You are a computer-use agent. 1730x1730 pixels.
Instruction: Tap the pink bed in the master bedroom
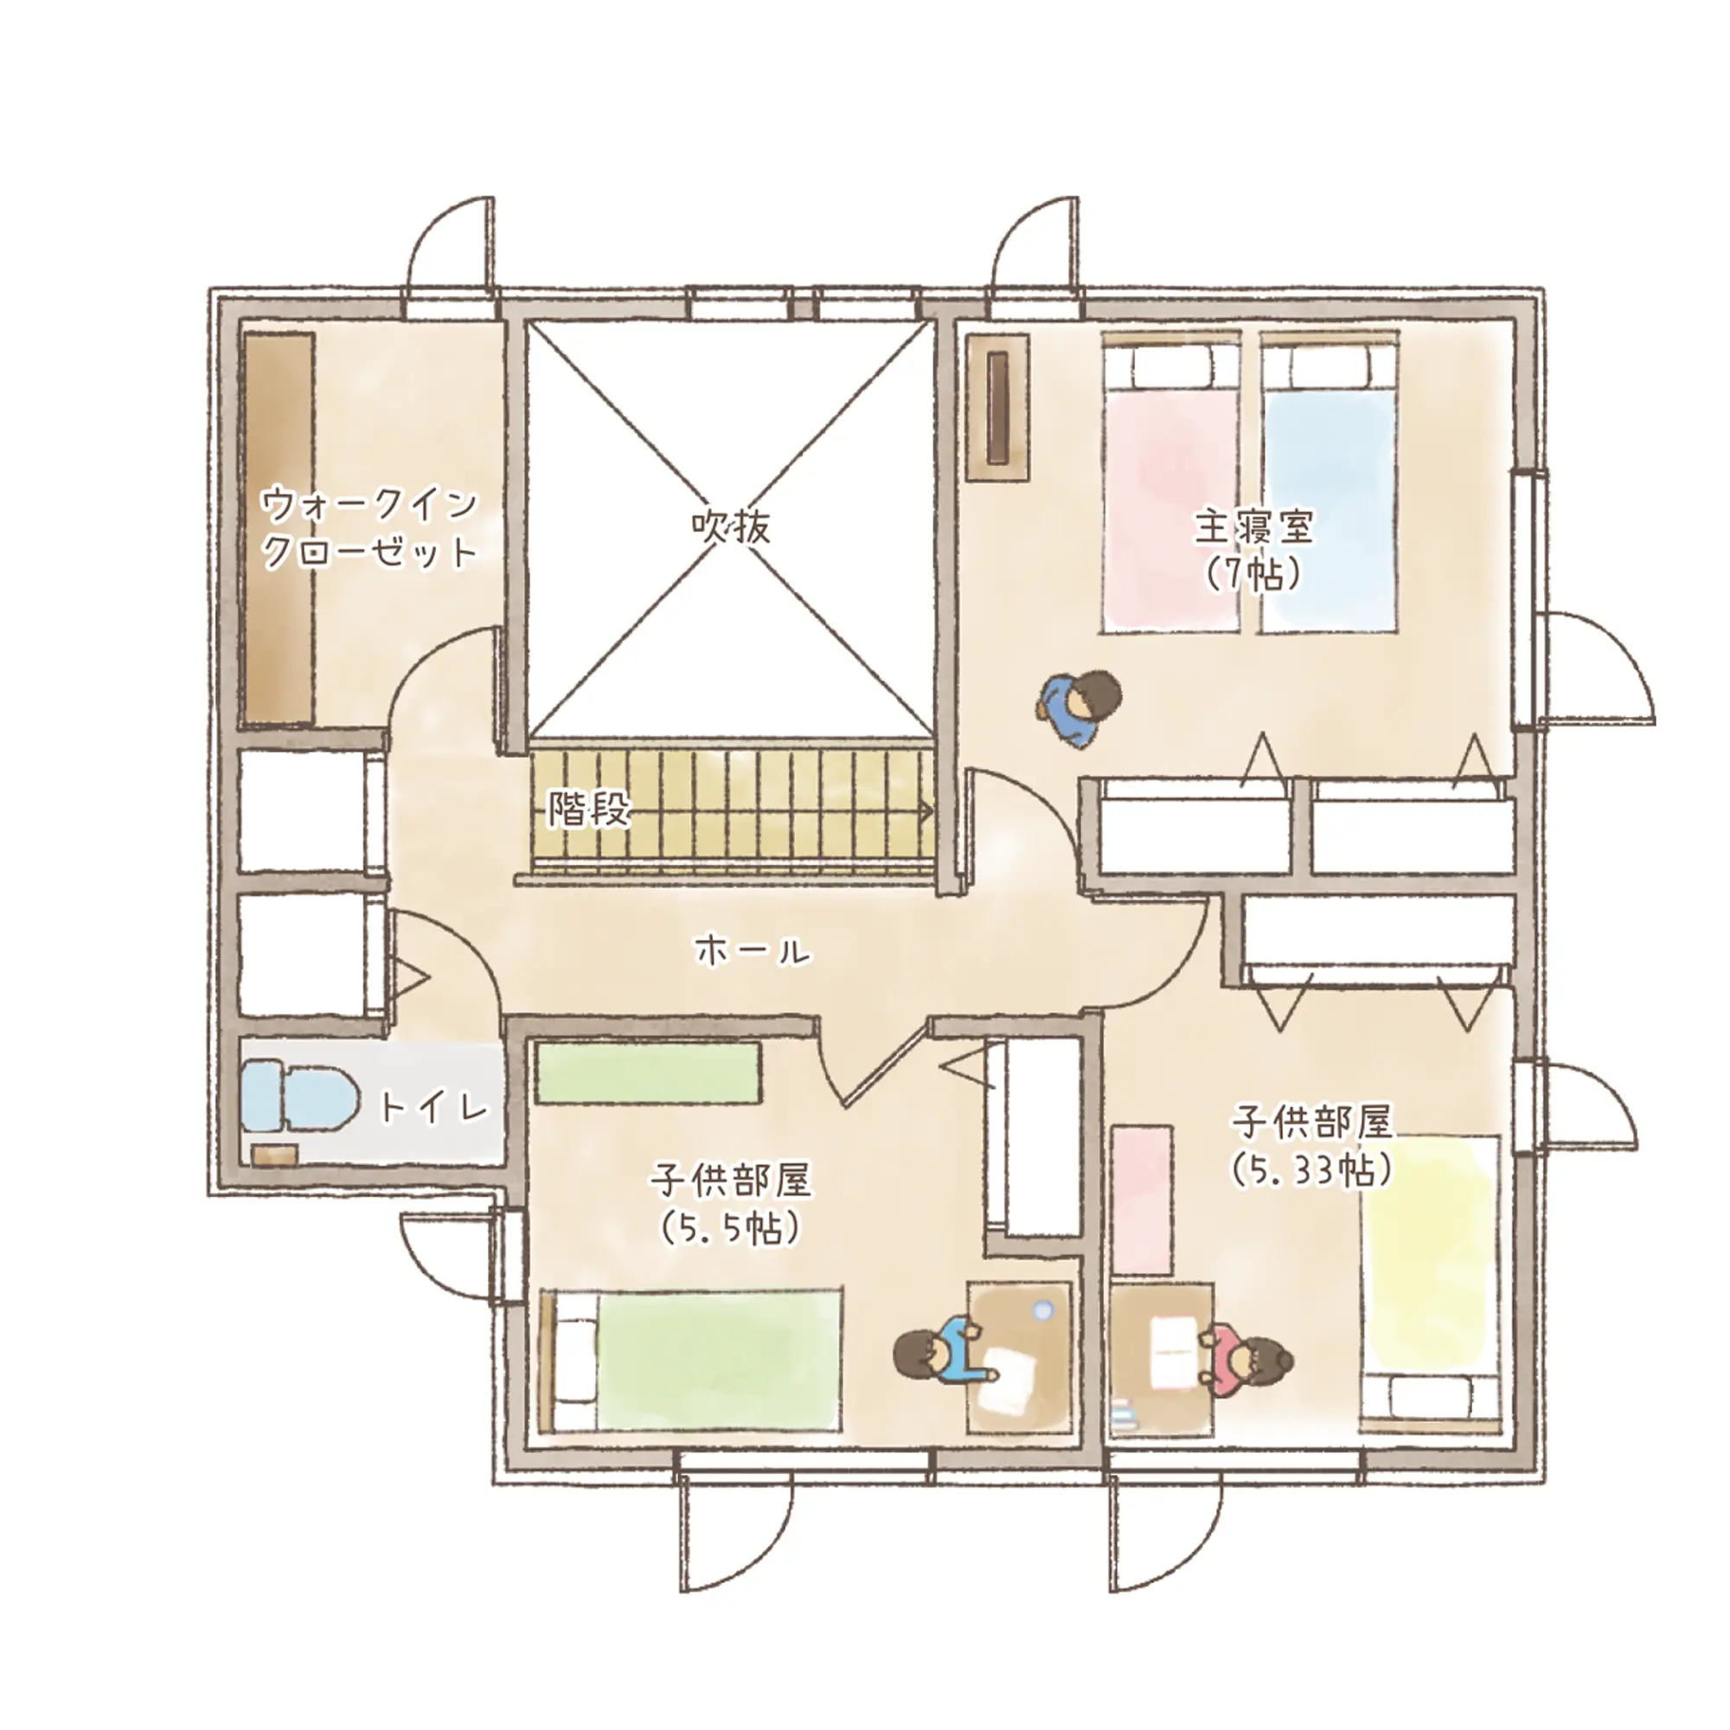(1170, 484)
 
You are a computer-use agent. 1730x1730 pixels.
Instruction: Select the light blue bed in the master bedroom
(1330, 484)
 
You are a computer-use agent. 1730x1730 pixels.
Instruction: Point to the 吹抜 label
(731, 528)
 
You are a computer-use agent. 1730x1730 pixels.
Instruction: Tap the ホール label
(753, 951)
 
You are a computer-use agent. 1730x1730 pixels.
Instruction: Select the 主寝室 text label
(1253, 529)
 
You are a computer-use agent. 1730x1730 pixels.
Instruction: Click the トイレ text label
(435, 1109)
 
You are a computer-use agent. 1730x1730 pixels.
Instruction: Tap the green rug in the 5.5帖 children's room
(648, 1072)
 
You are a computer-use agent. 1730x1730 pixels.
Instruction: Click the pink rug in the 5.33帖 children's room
(1142, 1200)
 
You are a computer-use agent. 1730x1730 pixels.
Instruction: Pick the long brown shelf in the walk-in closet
(279, 530)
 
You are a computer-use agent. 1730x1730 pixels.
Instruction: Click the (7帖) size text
(1253, 574)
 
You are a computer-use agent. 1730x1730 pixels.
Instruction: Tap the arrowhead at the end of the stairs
(925, 811)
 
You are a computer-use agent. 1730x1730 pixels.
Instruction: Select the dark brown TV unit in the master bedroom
(998, 407)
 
